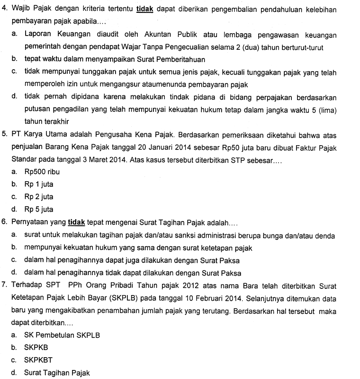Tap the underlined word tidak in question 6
coord(76,222)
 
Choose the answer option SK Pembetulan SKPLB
coord(62,334)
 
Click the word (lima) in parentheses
coord(326,110)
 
